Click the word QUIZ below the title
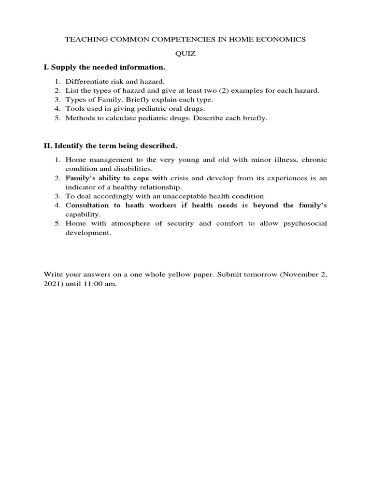click(x=185, y=54)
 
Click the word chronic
click(x=314, y=160)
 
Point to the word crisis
click(x=177, y=178)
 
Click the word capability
click(x=83, y=214)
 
